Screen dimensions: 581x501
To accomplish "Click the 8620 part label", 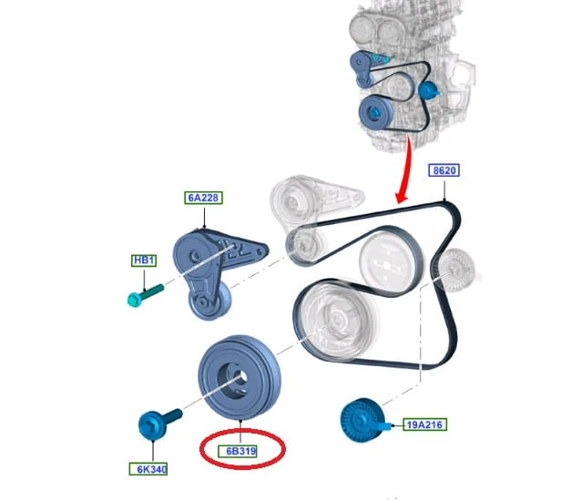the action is [x=443, y=170].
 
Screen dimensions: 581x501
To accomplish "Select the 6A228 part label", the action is [x=203, y=198].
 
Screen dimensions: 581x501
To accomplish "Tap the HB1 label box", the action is [x=144, y=261].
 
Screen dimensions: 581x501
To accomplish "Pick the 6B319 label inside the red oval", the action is [x=240, y=451].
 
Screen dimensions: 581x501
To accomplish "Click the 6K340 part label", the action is [x=148, y=469].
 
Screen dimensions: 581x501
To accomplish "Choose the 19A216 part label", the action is [x=424, y=424].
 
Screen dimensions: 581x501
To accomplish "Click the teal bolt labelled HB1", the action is [x=145, y=295].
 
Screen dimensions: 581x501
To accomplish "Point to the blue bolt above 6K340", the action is [x=158, y=424].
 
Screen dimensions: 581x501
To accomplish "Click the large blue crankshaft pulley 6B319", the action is [x=240, y=378].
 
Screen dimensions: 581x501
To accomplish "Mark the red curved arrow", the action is [x=405, y=170].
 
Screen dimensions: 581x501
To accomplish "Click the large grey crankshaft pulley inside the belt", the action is [x=336, y=320].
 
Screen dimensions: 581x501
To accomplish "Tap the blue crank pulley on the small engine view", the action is [x=376, y=112].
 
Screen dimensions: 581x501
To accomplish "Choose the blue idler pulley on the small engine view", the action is [x=428, y=90].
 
